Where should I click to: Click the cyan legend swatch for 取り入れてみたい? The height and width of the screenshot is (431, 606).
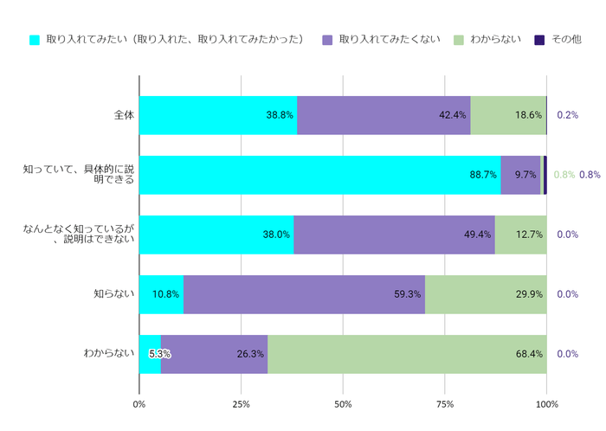tap(35, 40)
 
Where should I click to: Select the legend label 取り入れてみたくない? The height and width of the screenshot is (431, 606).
tap(390, 40)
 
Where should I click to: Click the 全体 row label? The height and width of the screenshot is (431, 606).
tap(124, 115)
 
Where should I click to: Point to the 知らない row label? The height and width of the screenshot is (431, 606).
tap(114, 294)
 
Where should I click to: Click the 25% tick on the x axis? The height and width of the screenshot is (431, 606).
tap(241, 404)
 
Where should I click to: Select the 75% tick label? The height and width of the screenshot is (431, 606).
tap(445, 404)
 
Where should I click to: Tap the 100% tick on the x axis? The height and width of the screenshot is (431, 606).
tap(546, 404)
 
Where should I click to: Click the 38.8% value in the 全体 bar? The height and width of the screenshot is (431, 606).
tap(279, 115)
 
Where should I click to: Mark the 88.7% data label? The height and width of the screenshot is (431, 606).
tap(483, 175)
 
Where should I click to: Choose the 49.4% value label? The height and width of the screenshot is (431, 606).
tap(478, 235)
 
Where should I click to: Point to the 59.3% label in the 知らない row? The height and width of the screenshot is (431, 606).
tap(407, 294)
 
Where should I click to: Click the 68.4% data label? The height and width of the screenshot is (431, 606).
tap(529, 354)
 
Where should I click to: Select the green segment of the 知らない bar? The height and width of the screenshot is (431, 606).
tap(486, 294)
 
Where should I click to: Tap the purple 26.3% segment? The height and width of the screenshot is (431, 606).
tap(214, 354)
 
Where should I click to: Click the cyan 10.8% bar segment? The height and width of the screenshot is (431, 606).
tap(161, 294)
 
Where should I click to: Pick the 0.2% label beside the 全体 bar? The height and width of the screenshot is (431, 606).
tap(568, 115)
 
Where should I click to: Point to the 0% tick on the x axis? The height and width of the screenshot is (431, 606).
tap(139, 404)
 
